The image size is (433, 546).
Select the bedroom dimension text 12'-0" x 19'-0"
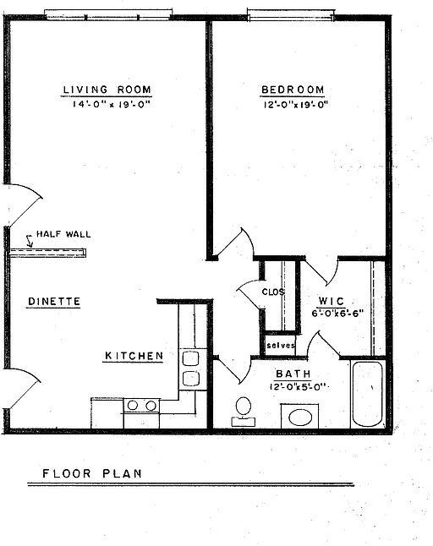(x=294, y=105)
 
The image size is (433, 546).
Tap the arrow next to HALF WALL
(x=30, y=244)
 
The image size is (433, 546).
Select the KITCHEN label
(x=134, y=356)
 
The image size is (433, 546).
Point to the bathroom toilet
(x=244, y=409)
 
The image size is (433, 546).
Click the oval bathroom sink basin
(x=299, y=416)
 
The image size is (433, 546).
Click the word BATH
(x=293, y=374)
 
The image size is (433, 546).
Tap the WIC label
(x=330, y=301)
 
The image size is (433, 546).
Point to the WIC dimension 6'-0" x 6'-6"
(x=337, y=312)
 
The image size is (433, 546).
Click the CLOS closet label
(x=272, y=292)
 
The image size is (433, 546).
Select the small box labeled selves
(x=280, y=346)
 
